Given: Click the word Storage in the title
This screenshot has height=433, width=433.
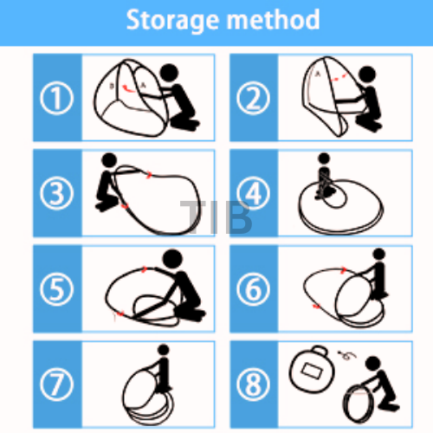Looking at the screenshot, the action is click(172, 21).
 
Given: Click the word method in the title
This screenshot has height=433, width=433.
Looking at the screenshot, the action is click(274, 20).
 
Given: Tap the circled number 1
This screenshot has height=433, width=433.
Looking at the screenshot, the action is click(56, 98).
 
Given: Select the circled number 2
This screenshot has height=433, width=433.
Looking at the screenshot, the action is click(253, 98).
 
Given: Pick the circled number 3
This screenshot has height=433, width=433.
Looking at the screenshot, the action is click(56, 193).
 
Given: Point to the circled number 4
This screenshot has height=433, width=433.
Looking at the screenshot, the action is click(253, 193).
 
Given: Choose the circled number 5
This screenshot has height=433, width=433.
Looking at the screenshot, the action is click(56, 289).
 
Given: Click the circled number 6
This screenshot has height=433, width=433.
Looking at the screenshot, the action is click(253, 289).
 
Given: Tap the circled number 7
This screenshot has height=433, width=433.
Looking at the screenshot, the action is click(56, 385).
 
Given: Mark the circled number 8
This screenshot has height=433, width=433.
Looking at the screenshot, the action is click(253, 385).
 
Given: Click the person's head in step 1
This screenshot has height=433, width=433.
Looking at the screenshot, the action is click(169, 73).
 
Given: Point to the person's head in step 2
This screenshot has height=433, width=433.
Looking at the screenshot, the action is click(367, 75).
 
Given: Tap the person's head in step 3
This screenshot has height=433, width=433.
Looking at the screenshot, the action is click(109, 160).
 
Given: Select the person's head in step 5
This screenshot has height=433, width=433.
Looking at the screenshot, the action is click(172, 259).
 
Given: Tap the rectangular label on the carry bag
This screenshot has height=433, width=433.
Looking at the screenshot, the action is click(311, 372).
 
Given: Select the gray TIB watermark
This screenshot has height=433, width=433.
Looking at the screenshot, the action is click(216, 217).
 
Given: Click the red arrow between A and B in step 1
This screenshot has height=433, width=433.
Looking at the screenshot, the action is click(128, 88).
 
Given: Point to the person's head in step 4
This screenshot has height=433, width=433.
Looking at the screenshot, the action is click(324, 158).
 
